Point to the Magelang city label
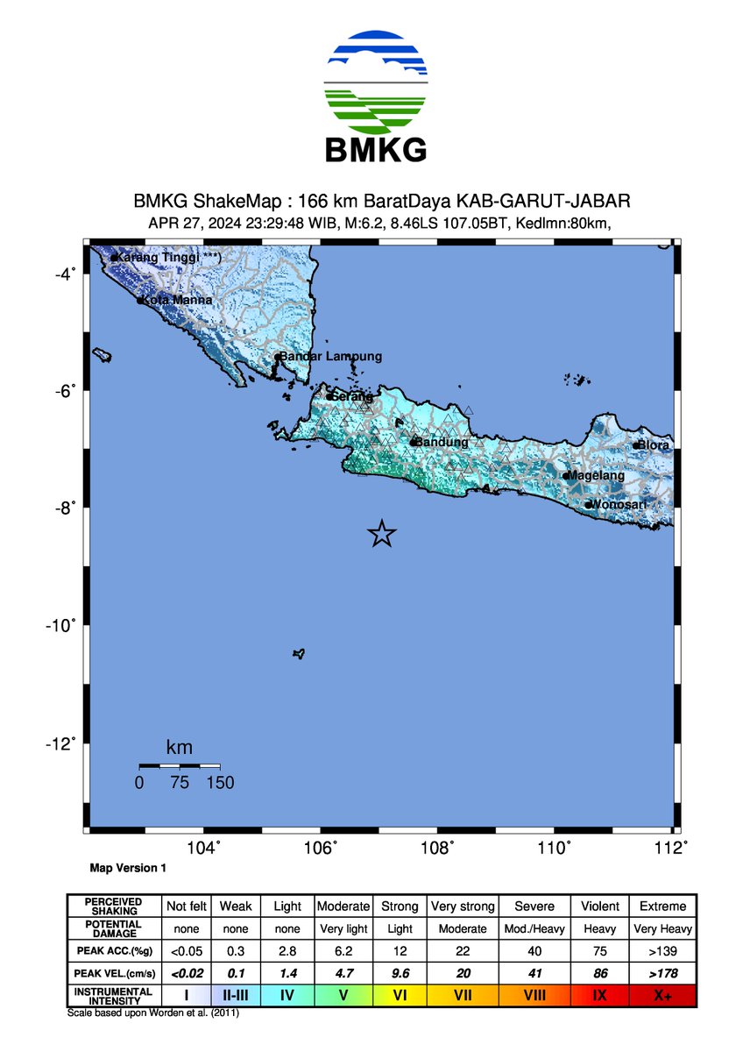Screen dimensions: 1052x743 point(597,475)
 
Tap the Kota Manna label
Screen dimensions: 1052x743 point(178,300)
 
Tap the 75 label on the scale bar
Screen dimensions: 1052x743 point(180,783)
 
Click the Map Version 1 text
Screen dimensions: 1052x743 point(128,868)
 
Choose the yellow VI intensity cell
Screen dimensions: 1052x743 point(399,995)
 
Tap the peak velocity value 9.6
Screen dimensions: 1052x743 point(399,973)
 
